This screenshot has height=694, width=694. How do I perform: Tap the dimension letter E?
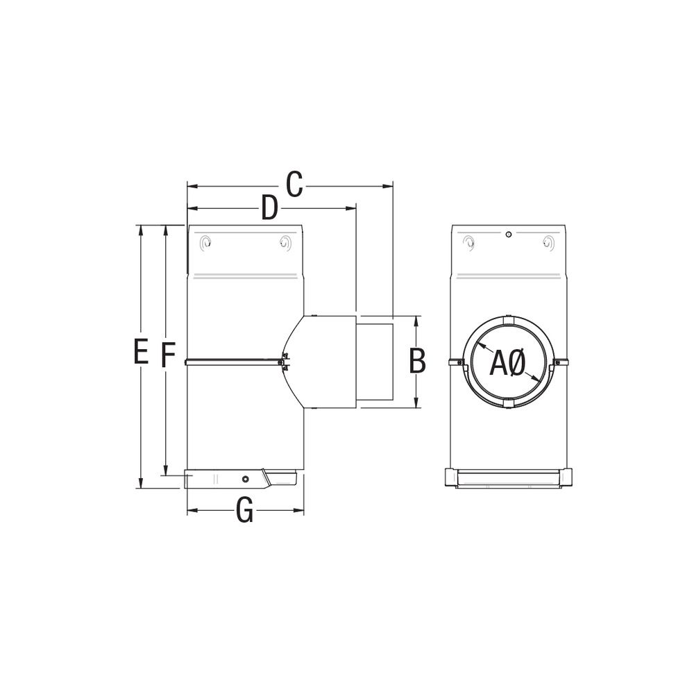tap(141, 351)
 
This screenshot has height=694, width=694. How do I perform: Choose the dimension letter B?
tap(417, 361)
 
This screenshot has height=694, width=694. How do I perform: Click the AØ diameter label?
tap(508, 363)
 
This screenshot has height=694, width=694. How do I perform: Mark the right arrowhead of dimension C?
tap(389, 186)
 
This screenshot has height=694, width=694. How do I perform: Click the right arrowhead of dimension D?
tap(352, 207)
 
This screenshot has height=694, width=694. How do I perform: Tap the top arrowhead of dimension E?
tap(141, 230)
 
